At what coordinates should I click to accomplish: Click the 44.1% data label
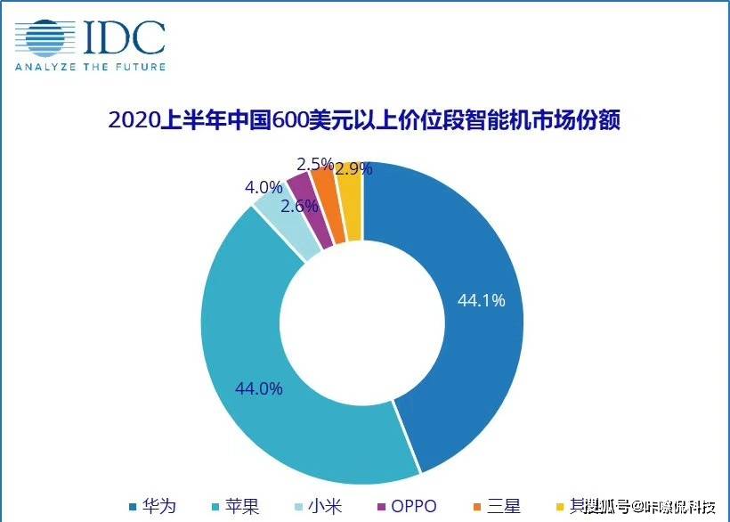pyautogui.click(x=481, y=300)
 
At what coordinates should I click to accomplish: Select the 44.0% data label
pyautogui.click(x=258, y=388)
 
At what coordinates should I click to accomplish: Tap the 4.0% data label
pyautogui.click(x=264, y=188)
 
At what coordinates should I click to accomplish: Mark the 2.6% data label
pyautogui.click(x=298, y=206)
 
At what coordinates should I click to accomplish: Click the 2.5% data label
pyautogui.click(x=315, y=164)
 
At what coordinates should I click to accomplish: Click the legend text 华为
pyautogui.click(x=158, y=507)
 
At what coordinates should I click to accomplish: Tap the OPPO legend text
pyautogui.click(x=413, y=507)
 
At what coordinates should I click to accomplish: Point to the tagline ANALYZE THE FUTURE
pyautogui.click(x=89, y=66)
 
